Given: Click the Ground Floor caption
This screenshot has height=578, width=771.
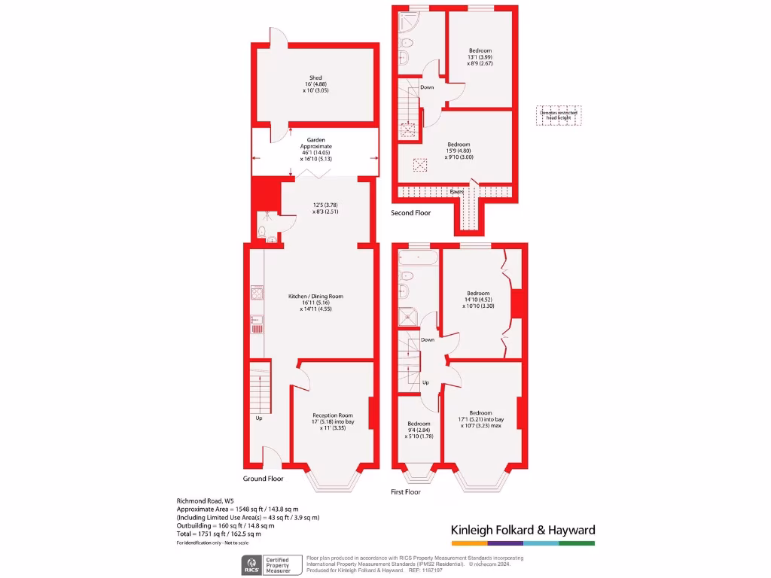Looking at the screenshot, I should pos(263,479).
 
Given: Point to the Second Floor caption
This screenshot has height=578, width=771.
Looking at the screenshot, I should pos(411,213).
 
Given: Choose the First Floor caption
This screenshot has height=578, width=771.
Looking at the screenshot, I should pos(405,492).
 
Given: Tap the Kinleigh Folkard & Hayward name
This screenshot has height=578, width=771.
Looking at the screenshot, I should pos(523,530).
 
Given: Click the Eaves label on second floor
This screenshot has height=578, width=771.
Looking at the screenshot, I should pos(456,192).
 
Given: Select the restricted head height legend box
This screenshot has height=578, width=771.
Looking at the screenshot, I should pos(559,115).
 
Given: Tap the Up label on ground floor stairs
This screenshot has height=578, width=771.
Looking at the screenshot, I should pos(260,418).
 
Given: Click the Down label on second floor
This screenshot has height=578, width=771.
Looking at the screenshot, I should pos(427,87).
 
